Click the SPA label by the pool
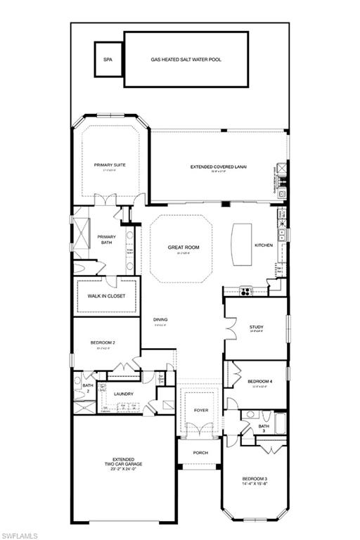pos(108,60)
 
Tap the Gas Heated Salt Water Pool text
pos(186,60)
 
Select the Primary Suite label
pos(108,165)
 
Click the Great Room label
pos(184,247)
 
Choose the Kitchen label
pos(264,245)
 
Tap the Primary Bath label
pos(106,239)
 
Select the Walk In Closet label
pos(106,296)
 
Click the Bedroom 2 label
pos(103,342)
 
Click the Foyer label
pos(201,410)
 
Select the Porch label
pos(201,452)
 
